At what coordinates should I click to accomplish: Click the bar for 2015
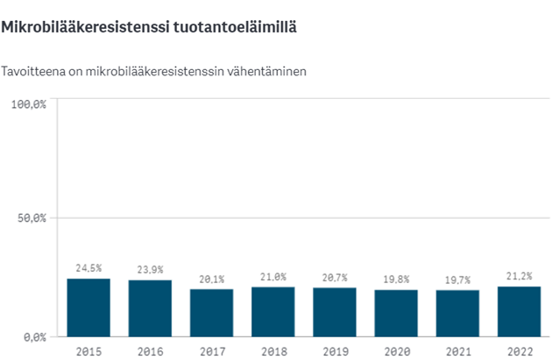tap(88, 307)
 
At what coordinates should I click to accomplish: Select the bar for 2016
tap(150, 308)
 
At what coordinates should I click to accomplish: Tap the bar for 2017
tap(211, 313)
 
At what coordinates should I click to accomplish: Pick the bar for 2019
tap(335, 312)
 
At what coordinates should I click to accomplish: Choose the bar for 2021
tap(457, 313)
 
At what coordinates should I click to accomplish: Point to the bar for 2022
tap(519, 311)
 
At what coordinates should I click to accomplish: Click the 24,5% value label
tap(88, 268)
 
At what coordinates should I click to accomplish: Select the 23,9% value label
tap(150, 270)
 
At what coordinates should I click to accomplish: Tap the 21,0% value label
tap(273, 277)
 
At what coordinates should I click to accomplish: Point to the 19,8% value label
tap(396, 279)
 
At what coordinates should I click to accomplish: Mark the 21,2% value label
tap(519, 276)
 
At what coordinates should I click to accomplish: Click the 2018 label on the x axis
tap(273, 350)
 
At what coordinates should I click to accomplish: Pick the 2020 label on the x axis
tap(396, 350)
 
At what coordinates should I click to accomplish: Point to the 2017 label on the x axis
tap(211, 350)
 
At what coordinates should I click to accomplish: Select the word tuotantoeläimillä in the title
tap(230, 27)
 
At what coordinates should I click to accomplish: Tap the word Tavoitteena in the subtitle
tap(32, 71)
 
